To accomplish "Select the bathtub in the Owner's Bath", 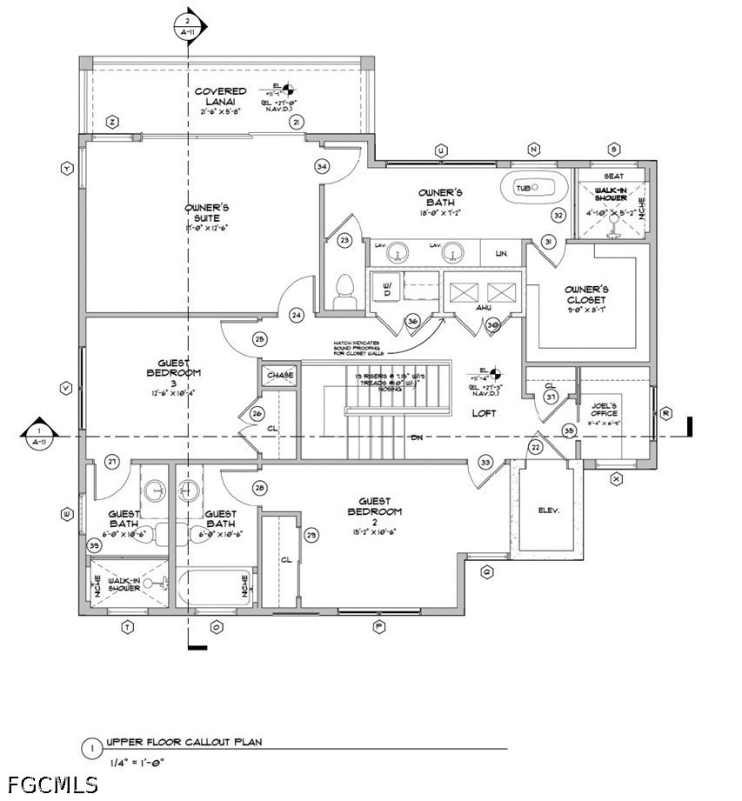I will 533,187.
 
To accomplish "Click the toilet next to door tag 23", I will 344,290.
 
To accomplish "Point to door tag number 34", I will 322,166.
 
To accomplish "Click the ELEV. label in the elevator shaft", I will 548,511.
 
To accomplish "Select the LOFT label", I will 484,413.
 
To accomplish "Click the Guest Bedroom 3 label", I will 179,373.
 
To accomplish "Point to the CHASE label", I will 280,375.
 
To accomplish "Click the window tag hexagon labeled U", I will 441,150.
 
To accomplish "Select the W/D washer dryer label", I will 388,287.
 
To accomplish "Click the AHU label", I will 485,307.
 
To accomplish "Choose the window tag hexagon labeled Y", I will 66,169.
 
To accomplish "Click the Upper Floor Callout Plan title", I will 184,743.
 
